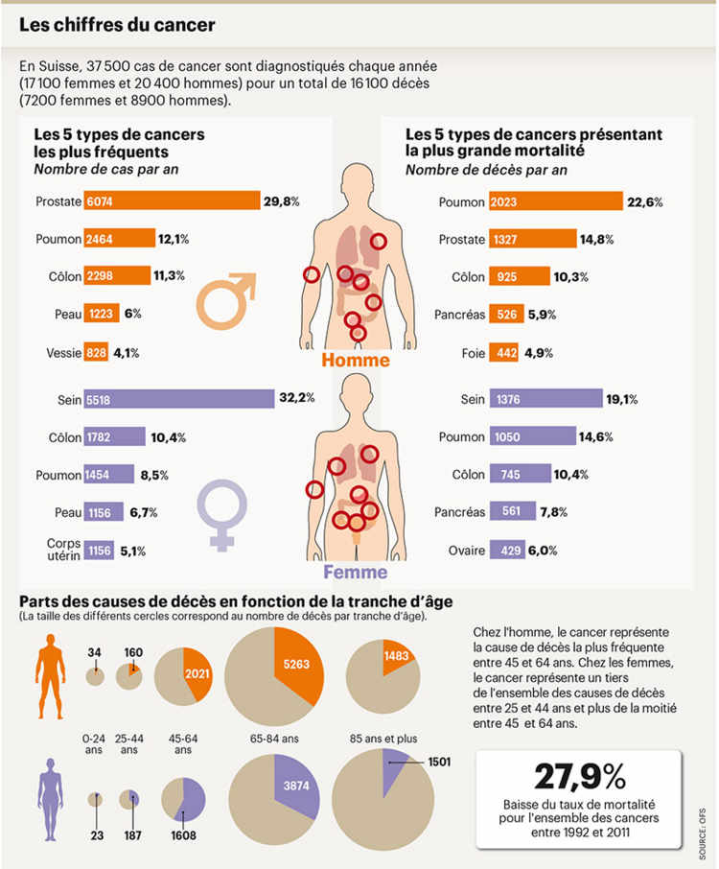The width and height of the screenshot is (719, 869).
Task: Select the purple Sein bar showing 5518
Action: [179, 398]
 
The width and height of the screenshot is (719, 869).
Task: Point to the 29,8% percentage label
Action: [282, 200]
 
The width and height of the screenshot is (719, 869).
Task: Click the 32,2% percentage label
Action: [296, 398]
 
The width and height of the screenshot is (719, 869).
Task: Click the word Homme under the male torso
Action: [355, 361]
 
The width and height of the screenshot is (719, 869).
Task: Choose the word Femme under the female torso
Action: [355, 573]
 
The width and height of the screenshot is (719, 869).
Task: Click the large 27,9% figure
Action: [579, 775]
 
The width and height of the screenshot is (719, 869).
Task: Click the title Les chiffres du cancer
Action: [117, 25]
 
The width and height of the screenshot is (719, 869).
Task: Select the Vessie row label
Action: [63, 352]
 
